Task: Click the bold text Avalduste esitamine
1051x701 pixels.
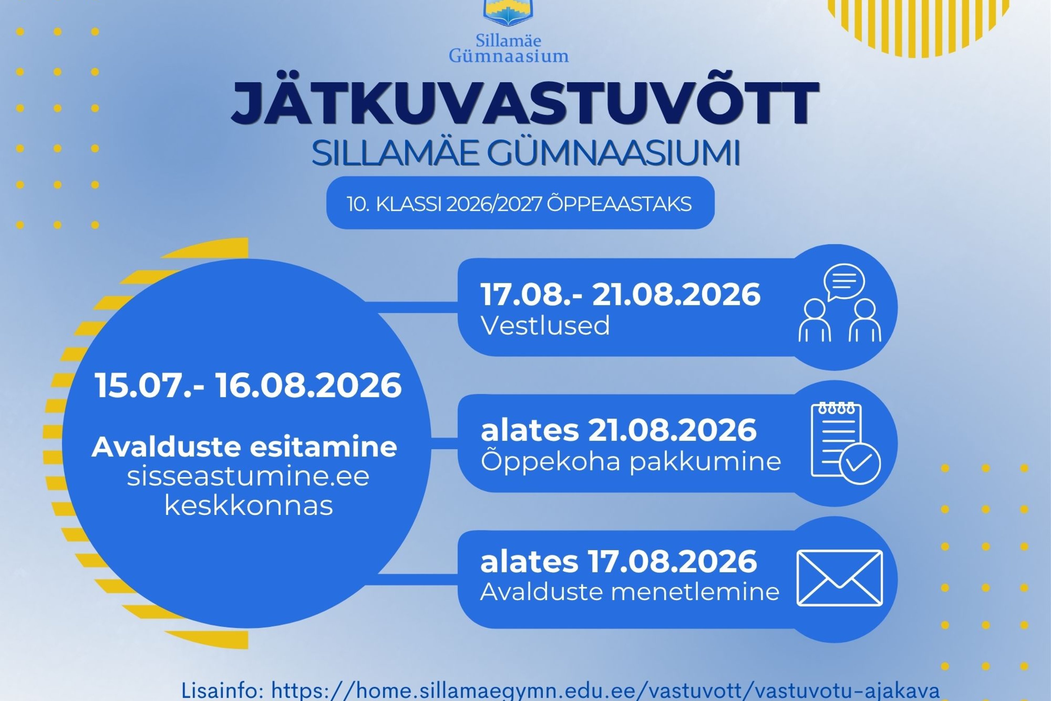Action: [244, 447]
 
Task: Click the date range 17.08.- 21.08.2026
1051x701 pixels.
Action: [620, 294]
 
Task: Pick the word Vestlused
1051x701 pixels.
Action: [545, 325]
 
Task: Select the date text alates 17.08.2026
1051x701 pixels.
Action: [619, 562]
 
